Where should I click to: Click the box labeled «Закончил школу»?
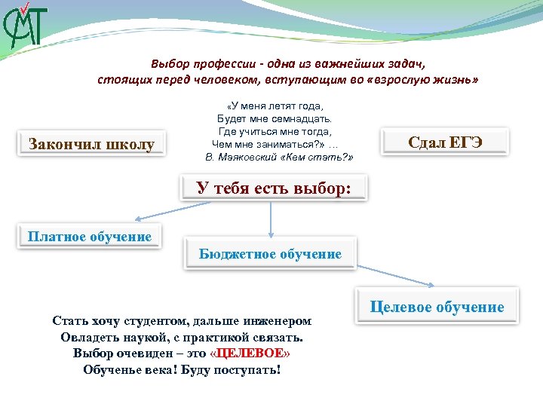coord(90,144)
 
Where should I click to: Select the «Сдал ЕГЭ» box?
coord(444,142)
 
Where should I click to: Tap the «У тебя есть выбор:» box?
coord(274,188)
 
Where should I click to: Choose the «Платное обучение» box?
coord(90,237)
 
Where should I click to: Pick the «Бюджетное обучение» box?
coord(270,254)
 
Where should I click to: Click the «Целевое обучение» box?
coord(437,307)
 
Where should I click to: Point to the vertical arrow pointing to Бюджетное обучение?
coord(271,219)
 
